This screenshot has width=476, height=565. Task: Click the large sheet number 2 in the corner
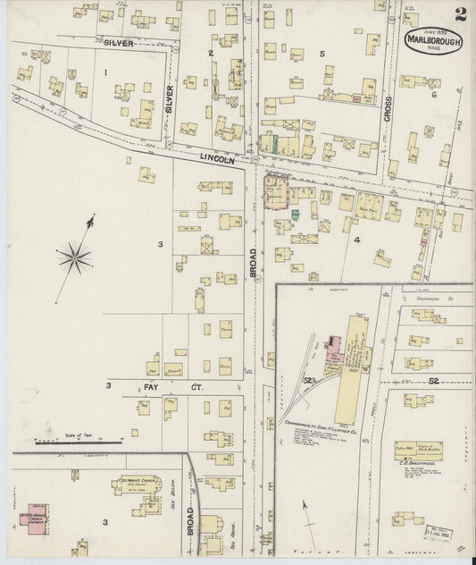(459, 13)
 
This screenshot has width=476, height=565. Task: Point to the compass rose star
(75, 257)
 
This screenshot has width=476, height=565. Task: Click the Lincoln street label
(217, 158)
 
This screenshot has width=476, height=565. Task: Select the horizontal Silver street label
(119, 42)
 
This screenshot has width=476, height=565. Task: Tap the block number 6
(435, 94)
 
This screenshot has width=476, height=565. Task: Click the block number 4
(355, 240)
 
